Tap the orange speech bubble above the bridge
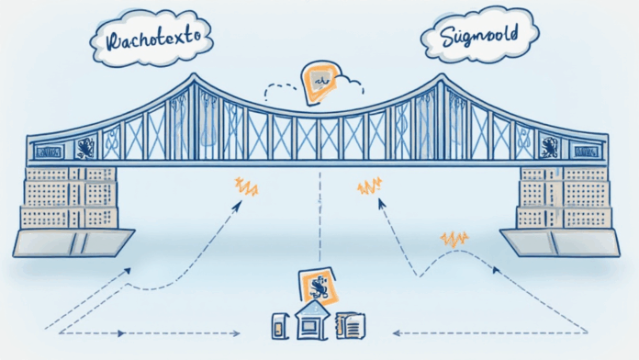pyautogui.click(x=320, y=81)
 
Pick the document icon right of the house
pyautogui.click(x=351, y=324)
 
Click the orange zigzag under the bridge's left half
pyautogui.click(x=246, y=186)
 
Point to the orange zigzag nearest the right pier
pyautogui.click(x=454, y=240)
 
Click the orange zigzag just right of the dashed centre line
pyautogui.click(x=369, y=186)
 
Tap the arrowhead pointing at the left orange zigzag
pyautogui.click(x=237, y=206)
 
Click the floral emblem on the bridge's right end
pyautogui.click(x=550, y=146)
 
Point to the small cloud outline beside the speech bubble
pyautogui.click(x=350, y=88)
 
